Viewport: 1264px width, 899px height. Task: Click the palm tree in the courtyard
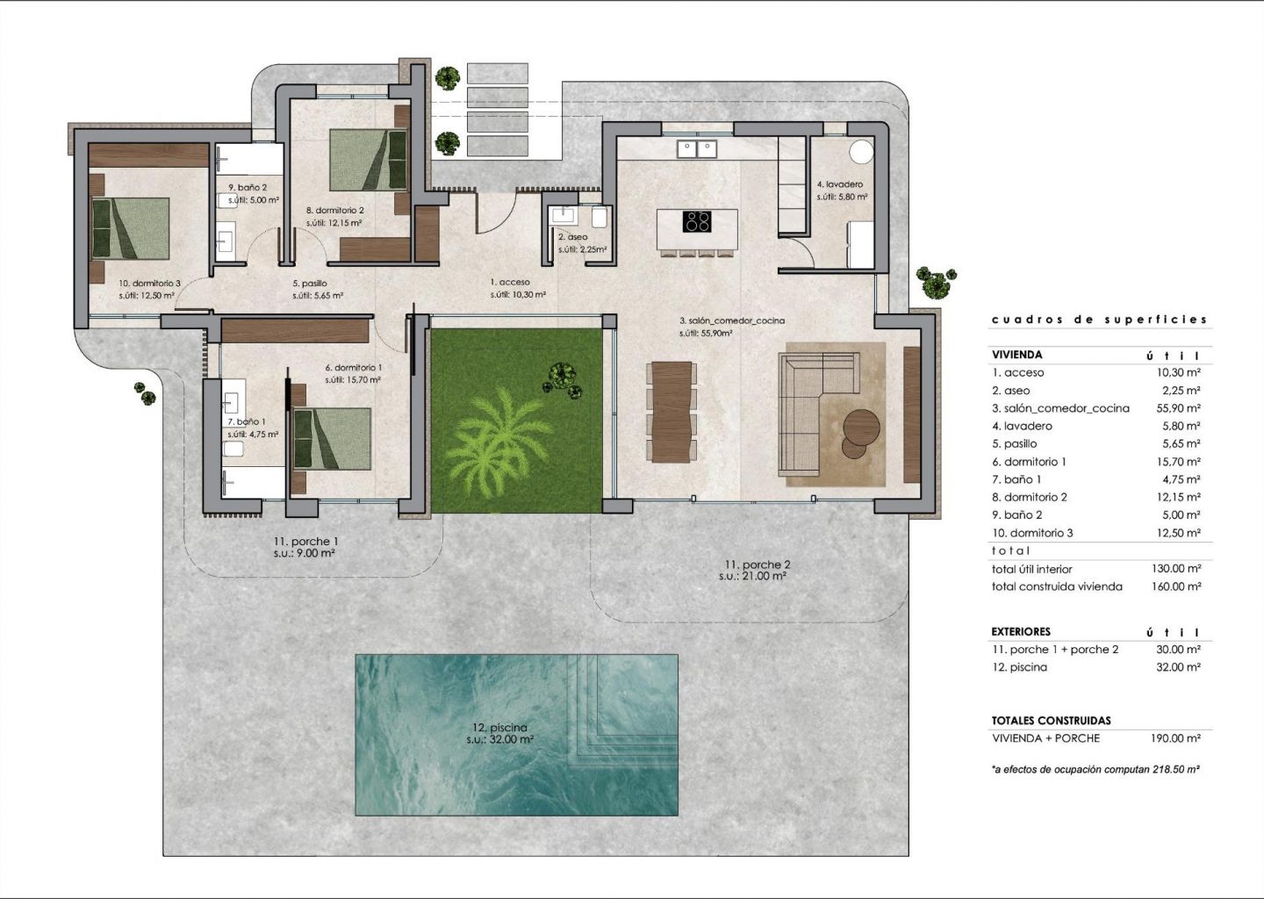(x=497, y=440)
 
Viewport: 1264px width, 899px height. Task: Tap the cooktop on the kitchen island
(x=697, y=221)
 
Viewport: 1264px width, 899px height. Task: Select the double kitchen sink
(x=698, y=149)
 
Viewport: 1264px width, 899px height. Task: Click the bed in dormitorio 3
(x=130, y=228)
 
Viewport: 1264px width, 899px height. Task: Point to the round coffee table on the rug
(x=861, y=427)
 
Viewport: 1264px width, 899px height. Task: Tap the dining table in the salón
(x=671, y=412)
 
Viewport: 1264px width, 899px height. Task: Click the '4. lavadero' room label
(x=840, y=184)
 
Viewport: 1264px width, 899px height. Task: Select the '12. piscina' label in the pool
(x=500, y=728)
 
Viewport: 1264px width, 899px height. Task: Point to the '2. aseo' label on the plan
(x=572, y=238)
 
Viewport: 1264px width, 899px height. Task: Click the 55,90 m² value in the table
(x=1178, y=408)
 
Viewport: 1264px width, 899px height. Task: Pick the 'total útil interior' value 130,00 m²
(x=1176, y=569)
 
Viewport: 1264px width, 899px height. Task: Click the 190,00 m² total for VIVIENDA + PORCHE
(x=1175, y=738)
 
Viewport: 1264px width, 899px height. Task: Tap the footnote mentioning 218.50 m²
(x=1095, y=769)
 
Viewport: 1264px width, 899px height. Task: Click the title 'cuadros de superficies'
(x=1099, y=320)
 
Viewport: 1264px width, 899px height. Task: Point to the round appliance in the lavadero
(x=861, y=151)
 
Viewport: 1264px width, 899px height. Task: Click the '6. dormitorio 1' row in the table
(x=1095, y=462)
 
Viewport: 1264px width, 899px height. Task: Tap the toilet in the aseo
(x=600, y=217)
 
